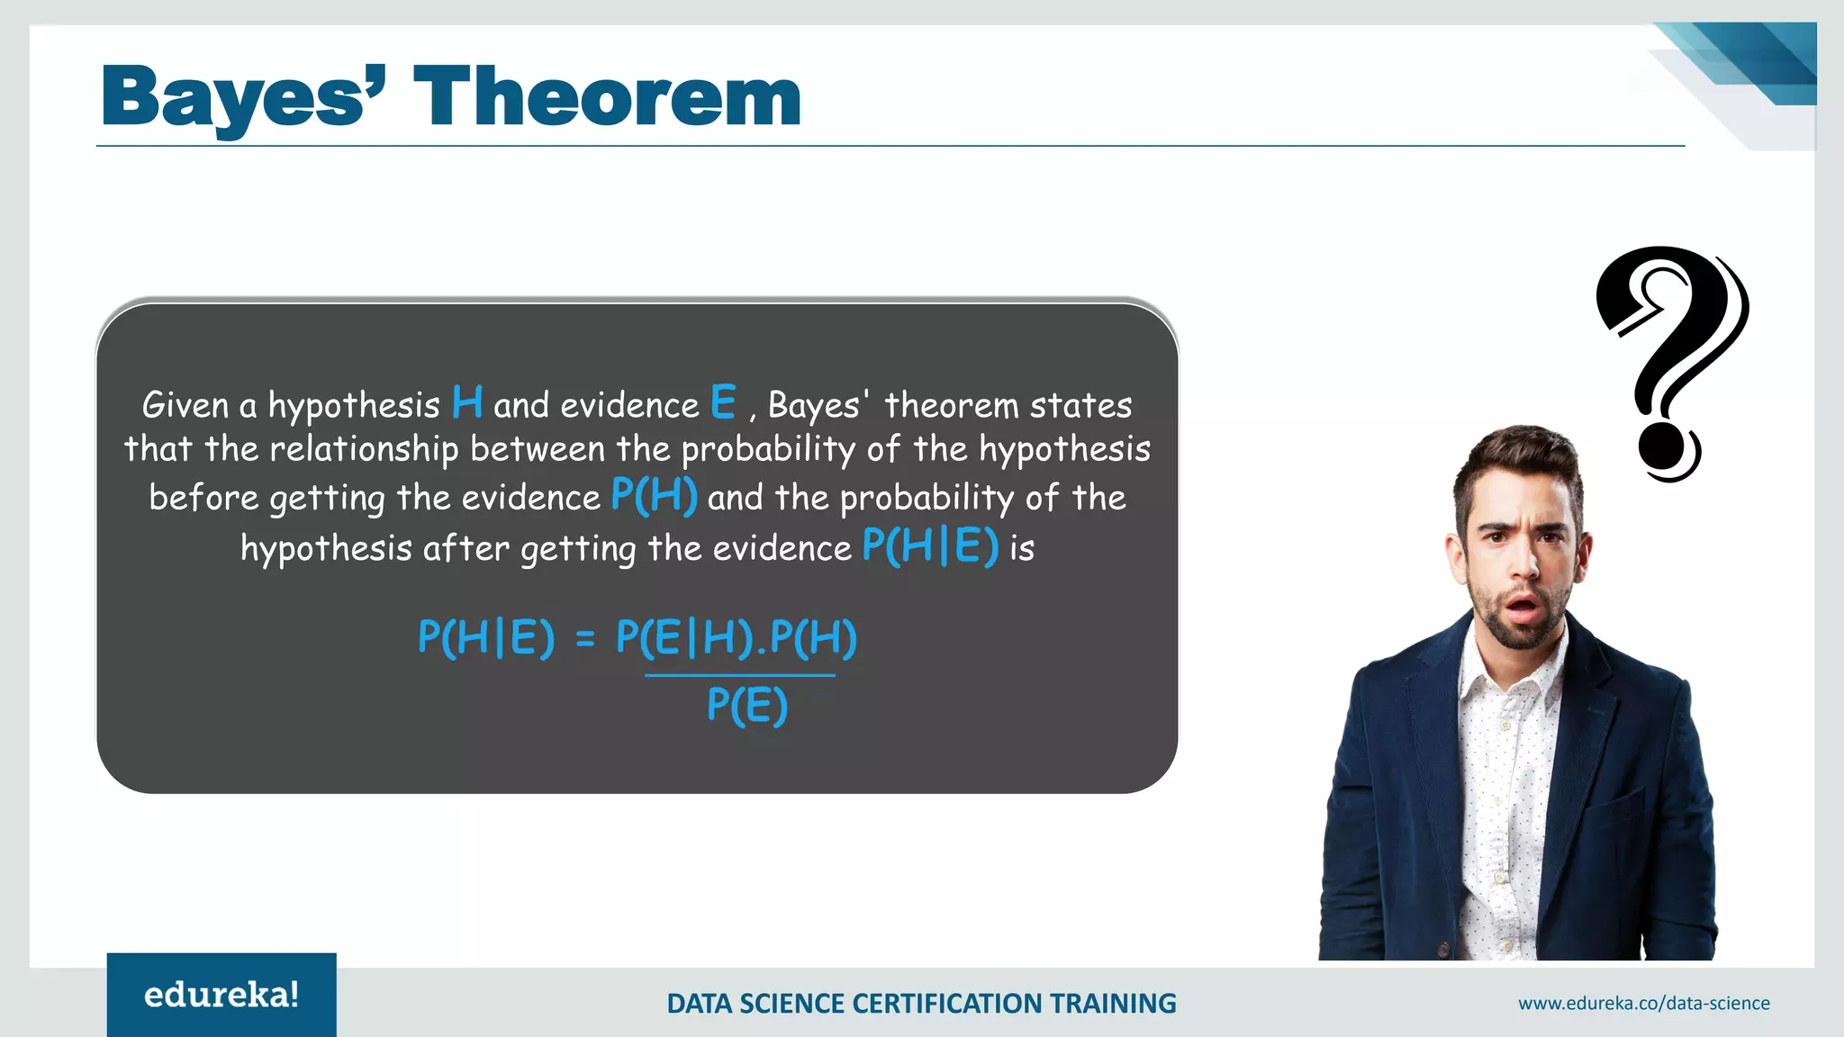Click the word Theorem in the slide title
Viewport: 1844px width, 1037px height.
click(607, 97)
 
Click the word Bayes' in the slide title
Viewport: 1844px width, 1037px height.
click(243, 97)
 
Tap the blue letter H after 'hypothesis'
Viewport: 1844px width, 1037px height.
click(467, 402)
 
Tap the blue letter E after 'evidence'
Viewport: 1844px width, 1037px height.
click(723, 402)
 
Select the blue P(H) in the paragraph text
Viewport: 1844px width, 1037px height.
click(654, 495)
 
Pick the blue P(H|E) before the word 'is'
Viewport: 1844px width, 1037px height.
click(930, 546)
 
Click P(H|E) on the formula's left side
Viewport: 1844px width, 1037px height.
click(486, 637)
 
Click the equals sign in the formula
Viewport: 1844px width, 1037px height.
click(585, 639)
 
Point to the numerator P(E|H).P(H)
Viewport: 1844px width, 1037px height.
click(737, 637)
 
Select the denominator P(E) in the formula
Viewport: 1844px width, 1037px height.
click(747, 704)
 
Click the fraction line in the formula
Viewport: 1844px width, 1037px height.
click(740, 674)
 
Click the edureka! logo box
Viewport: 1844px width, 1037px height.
click(221, 995)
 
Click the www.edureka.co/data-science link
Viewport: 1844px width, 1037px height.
click(1643, 1003)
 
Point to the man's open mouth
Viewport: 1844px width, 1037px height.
click(1523, 609)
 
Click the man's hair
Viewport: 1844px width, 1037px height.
click(1522, 459)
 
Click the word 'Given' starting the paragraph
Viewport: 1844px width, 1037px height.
click(185, 405)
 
